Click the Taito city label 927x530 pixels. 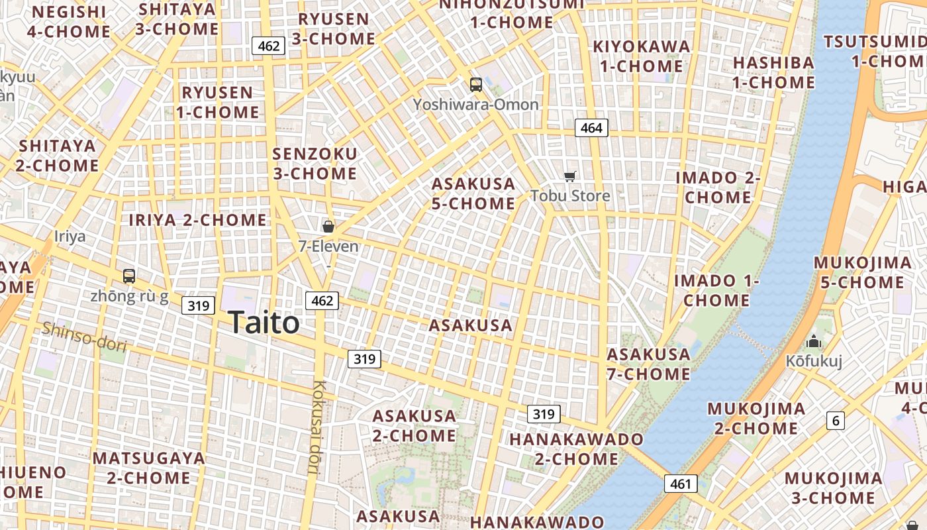(264, 323)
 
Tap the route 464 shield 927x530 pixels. (591, 128)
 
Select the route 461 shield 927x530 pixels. (681, 484)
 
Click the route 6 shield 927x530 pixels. (836, 420)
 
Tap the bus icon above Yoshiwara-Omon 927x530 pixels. (475, 84)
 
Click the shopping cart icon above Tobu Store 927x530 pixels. (569, 176)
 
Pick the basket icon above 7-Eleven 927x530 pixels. (328, 227)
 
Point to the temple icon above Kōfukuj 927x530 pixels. (813, 342)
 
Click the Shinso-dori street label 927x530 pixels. (84, 336)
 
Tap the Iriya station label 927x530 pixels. (70, 237)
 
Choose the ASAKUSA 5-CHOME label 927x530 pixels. (473, 193)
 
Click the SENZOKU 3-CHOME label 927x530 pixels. (315, 164)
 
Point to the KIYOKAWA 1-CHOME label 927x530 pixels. (641, 56)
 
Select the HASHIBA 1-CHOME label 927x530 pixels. (773, 72)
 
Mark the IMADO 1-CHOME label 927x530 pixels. (716, 290)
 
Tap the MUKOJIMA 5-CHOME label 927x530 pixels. (862, 272)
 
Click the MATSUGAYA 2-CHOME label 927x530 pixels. (149, 468)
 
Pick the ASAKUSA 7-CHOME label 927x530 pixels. (649, 364)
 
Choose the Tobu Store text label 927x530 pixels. (570, 196)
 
